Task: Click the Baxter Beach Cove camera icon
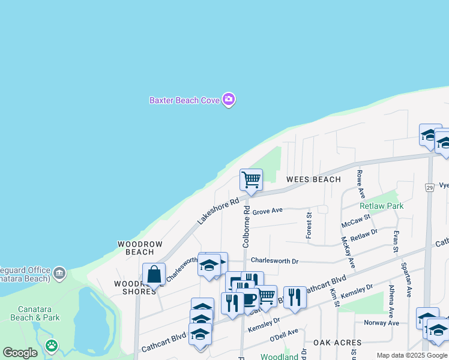click(x=228, y=100)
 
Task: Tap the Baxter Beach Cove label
click(x=184, y=100)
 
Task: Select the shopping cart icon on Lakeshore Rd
click(x=251, y=179)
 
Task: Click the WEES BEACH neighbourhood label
click(x=313, y=179)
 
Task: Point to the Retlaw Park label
click(x=381, y=206)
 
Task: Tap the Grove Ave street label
click(x=267, y=212)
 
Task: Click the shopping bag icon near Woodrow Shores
click(x=154, y=274)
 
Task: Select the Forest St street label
click(x=309, y=225)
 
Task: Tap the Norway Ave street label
click(x=381, y=323)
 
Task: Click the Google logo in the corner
click(x=20, y=353)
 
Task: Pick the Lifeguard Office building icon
click(x=59, y=274)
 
